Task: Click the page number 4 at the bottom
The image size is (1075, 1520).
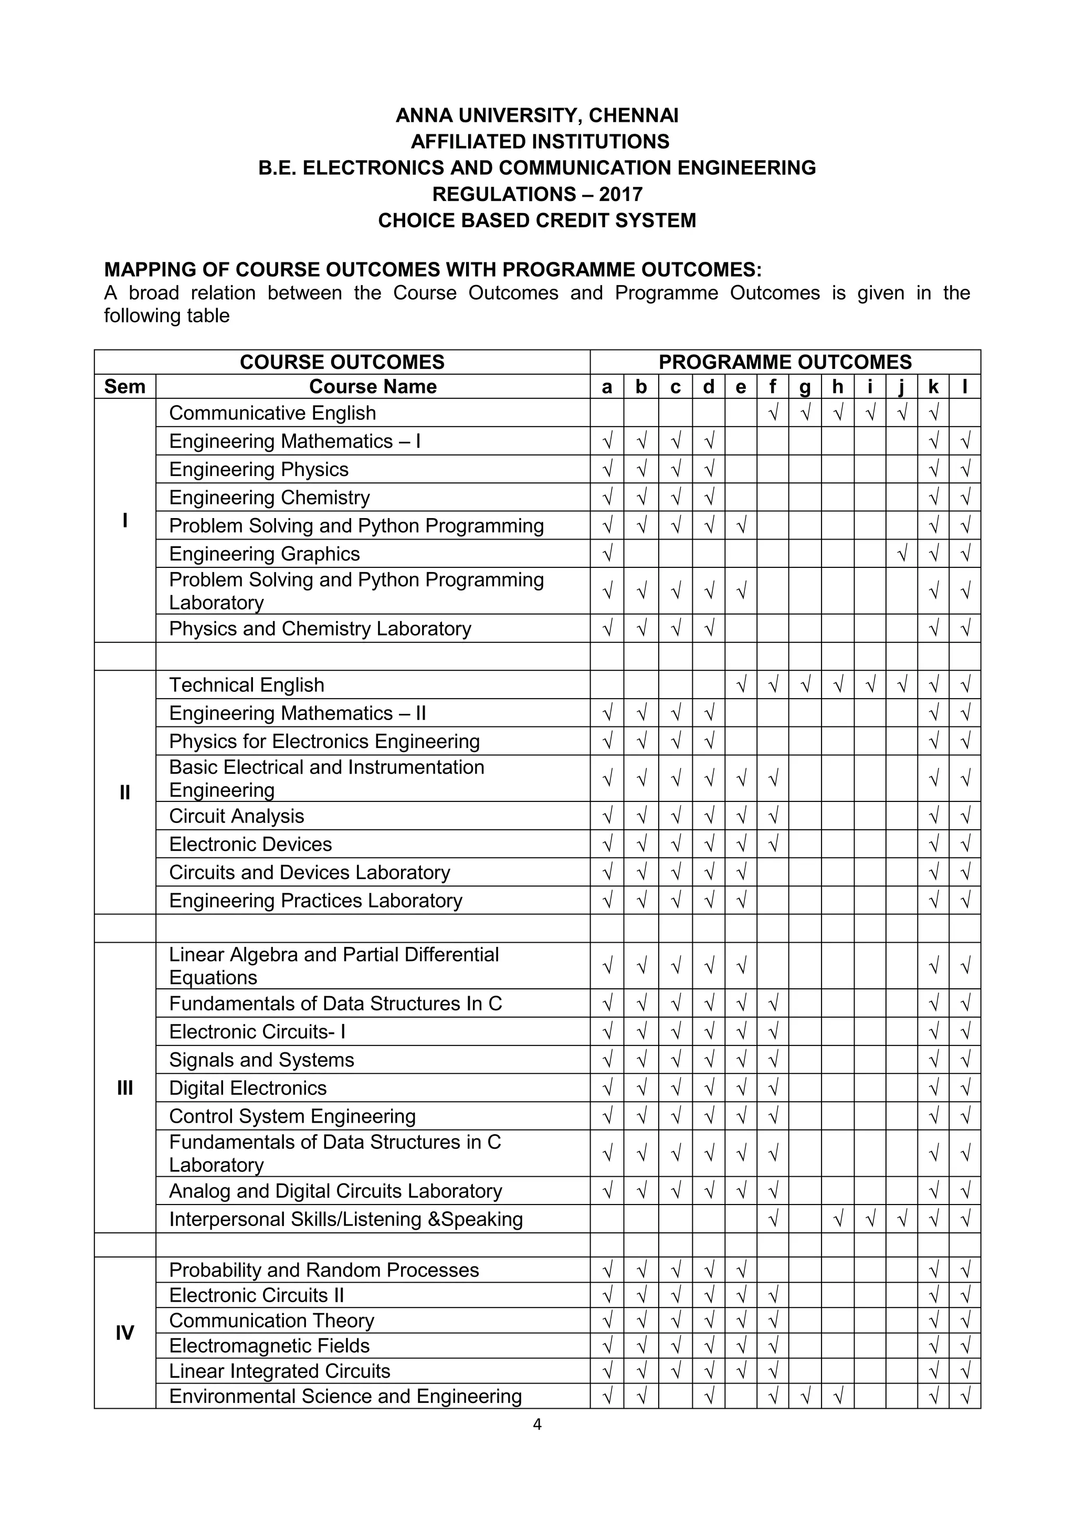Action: coord(537,1424)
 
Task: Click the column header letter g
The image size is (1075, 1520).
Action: coord(805,387)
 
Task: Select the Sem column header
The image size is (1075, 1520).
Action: coord(124,387)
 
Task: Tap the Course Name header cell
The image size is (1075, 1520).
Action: coord(373,387)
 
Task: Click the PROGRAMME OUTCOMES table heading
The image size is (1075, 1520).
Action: coord(785,362)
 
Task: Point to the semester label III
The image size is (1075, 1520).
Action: coord(124,1088)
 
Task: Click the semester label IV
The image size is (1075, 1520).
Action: coord(124,1333)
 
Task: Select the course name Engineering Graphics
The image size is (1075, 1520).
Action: coord(264,553)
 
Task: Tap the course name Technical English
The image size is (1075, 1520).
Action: coord(246,684)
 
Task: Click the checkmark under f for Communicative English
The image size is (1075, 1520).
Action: coord(773,413)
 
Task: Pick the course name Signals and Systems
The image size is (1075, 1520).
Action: coord(261,1060)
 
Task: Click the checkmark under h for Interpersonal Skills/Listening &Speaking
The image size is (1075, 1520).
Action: coord(837,1219)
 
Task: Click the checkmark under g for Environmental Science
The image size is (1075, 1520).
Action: coord(805,1396)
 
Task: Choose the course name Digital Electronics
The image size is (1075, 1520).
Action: coord(248,1088)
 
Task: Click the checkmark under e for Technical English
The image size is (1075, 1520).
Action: coord(741,684)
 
